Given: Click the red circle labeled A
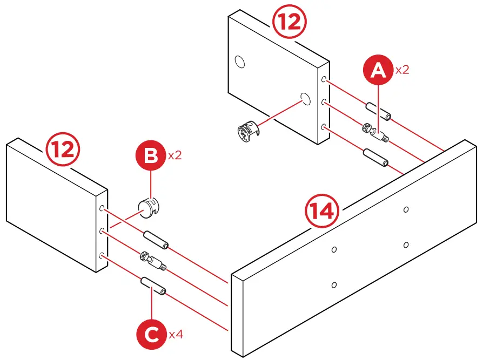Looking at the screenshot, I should pyautogui.click(x=379, y=71).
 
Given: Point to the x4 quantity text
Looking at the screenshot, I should pyautogui.click(x=176, y=335).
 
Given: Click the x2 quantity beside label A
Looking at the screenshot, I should pyautogui.click(x=403, y=70).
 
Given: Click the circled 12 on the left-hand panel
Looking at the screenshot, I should pyautogui.click(x=63, y=150).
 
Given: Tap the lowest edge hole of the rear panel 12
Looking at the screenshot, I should pyautogui.click(x=324, y=127).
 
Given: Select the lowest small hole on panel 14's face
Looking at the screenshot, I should pyautogui.click(x=333, y=284).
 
